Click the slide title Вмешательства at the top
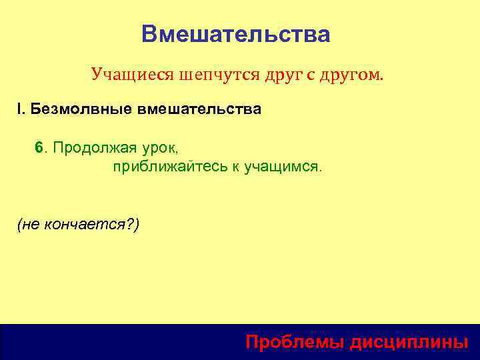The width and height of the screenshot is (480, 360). [x=235, y=34]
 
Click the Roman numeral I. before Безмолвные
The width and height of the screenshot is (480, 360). [x=21, y=109]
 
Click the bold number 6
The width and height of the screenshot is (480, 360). [x=39, y=147]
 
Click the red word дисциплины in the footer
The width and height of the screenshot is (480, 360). [x=409, y=342]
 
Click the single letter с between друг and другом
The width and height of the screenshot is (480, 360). [x=311, y=75]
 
